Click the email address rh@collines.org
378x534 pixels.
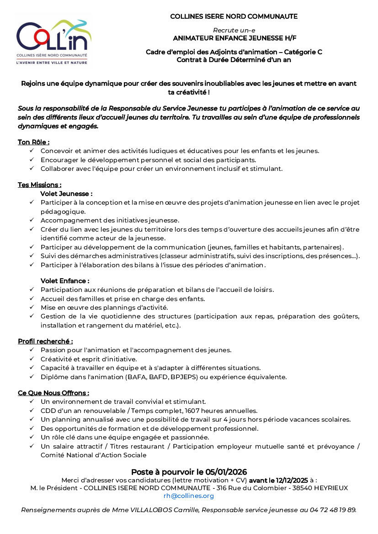point(189,496)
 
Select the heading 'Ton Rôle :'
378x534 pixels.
point(33,142)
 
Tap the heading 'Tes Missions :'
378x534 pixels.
point(39,185)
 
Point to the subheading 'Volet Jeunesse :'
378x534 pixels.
point(66,194)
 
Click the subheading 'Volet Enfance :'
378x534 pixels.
point(65,280)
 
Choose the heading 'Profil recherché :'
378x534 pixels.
point(45,341)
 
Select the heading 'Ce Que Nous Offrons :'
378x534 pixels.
point(53,393)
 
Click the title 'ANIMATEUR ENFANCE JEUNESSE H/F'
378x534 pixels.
point(234,38)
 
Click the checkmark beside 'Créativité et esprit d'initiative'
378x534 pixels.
point(31,359)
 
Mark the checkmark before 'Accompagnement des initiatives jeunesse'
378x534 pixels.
point(31,220)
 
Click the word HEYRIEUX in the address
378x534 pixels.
point(330,488)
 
